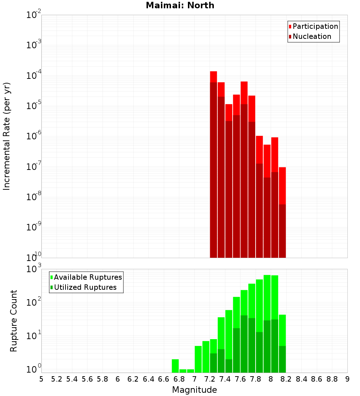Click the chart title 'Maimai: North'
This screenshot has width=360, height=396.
point(180,5)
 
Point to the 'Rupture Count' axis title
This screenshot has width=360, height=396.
point(14,320)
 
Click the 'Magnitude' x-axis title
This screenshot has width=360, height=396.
point(194,390)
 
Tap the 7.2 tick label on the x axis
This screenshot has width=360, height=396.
point(210,379)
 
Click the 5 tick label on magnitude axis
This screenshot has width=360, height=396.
point(41,379)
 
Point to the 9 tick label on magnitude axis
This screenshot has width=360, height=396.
point(347,379)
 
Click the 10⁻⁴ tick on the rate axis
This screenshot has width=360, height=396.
point(34,76)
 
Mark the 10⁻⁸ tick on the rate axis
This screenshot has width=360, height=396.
point(34,197)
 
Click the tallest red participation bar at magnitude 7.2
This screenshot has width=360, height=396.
point(213,77)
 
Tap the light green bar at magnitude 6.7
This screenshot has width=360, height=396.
point(175,365)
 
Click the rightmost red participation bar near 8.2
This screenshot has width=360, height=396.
point(282,185)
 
